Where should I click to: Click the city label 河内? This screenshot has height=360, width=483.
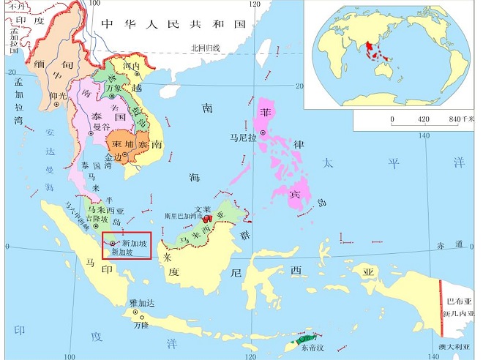click(x=132, y=67)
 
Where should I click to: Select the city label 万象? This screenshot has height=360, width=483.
click(x=113, y=88)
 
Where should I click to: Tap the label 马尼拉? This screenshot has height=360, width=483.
click(x=243, y=137)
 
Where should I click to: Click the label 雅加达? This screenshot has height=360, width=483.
click(x=141, y=302)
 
